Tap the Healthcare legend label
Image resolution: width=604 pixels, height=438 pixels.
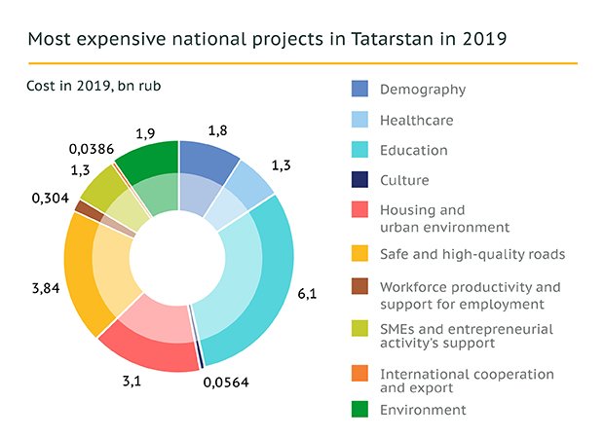(417, 121)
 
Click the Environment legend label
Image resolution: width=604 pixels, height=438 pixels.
(423, 410)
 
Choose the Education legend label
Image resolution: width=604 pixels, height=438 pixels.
(414, 150)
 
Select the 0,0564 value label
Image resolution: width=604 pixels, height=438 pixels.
(227, 382)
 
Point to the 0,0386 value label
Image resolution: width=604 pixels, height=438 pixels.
(92, 150)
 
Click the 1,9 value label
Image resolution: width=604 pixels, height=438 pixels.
(147, 131)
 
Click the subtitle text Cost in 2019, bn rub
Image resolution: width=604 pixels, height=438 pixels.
(94, 87)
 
